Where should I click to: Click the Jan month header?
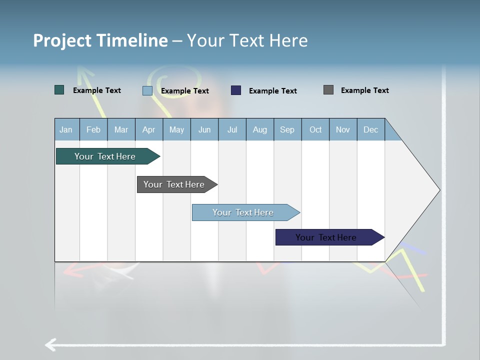pyautogui.click(x=66, y=129)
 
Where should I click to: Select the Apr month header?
pyautogui.click(x=149, y=129)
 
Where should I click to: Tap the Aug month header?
pyautogui.click(x=260, y=129)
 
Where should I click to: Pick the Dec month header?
pyautogui.click(x=371, y=129)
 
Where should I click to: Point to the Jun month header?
pyautogui.click(x=204, y=129)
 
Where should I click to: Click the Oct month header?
pyautogui.click(x=315, y=129)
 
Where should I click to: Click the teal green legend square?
pyautogui.click(x=59, y=90)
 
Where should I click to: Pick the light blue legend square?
pyautogui.click(x=147, y=90)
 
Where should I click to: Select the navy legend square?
pyautogui.click(x=236, y=90)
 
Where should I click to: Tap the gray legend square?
pyautogui.click(x=328, y=90)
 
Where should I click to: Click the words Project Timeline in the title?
pyautogui.click(x=100, y=40)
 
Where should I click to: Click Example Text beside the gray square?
pyautogui.click(x=364, y=90)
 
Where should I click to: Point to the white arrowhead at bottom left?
pyautogui.click(x=50, y=344)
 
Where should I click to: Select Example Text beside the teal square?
pyautogui.click(x=97, y=90)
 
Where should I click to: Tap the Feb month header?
pyautogui.click(x=93, y=129)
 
